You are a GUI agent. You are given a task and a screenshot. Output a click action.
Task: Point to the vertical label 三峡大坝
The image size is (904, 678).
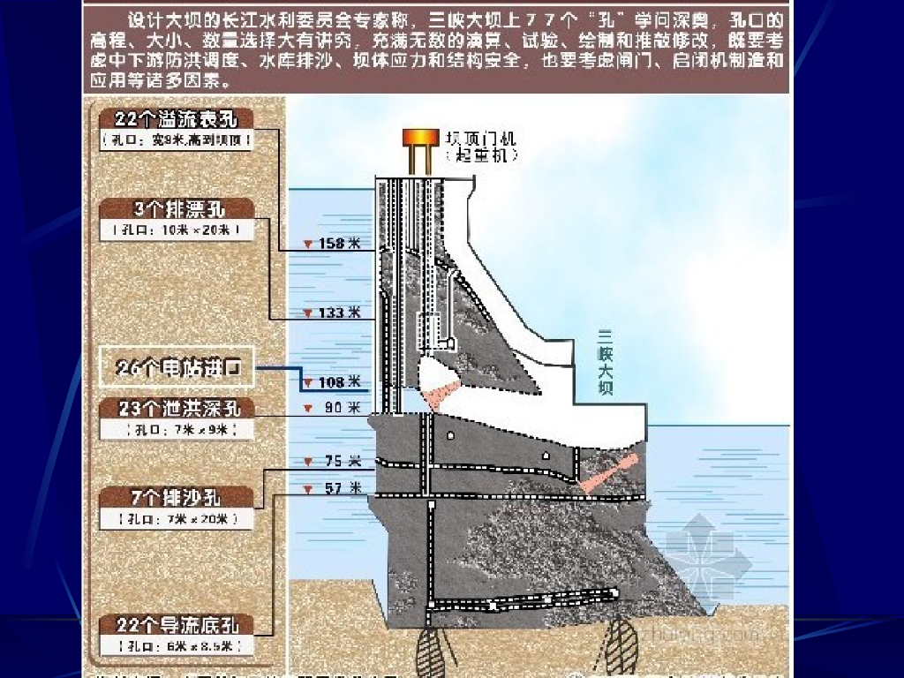[x=605, y=362]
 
